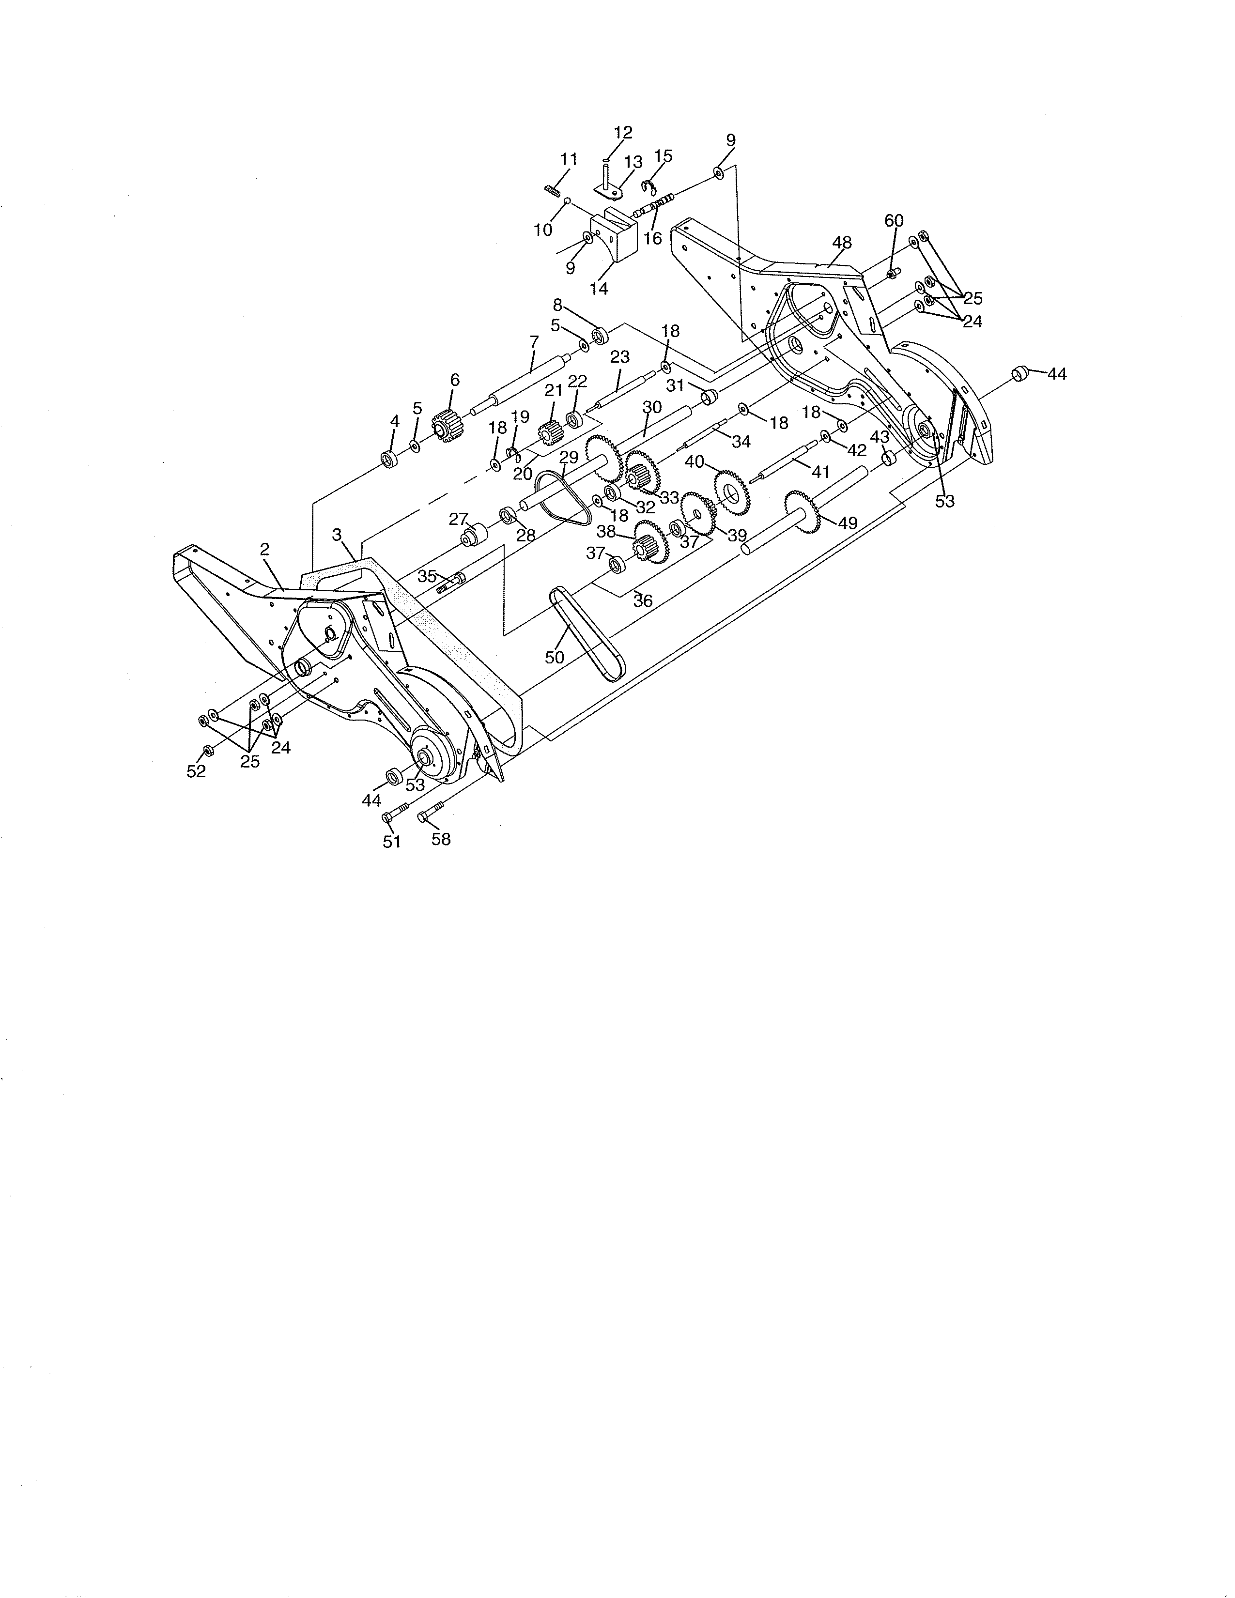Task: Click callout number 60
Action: point(894,220)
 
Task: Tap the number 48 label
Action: point(842,242)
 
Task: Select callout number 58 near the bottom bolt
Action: point(441,839)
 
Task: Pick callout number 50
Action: point(555,657)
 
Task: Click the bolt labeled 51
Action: point(397,813)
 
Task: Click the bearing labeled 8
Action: point(601,336)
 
